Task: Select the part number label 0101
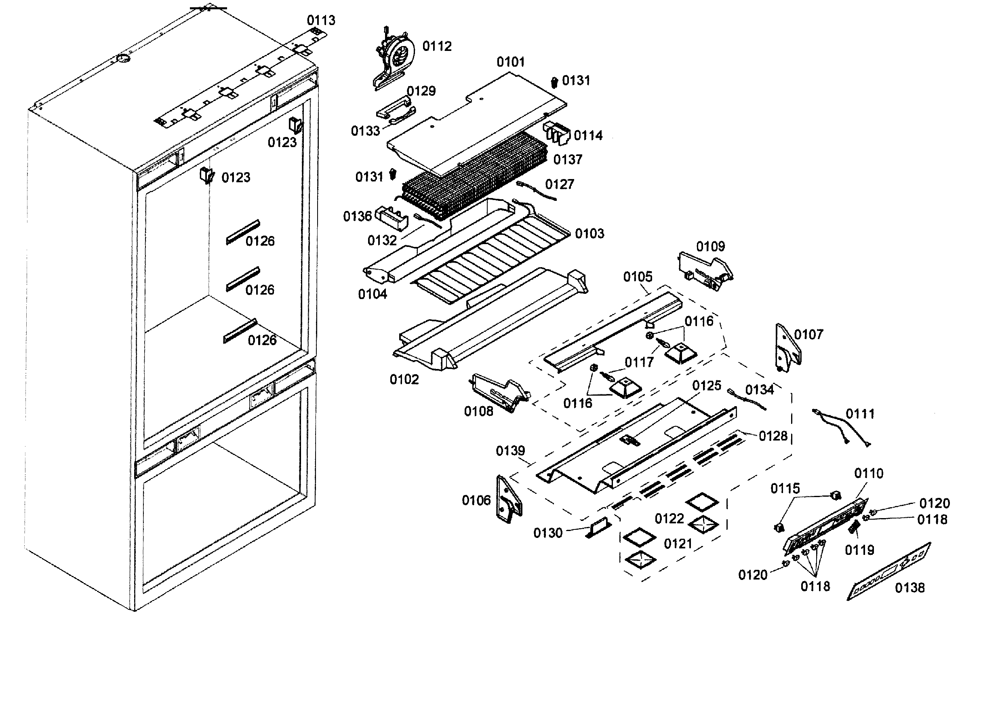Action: (510, 62)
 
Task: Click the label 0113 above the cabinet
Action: (321, 20)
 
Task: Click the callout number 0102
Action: (404, 379)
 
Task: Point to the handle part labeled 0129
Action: (394, 108)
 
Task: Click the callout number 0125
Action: (706, 386)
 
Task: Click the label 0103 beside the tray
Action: (589, 234)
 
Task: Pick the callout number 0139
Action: (510, 451)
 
